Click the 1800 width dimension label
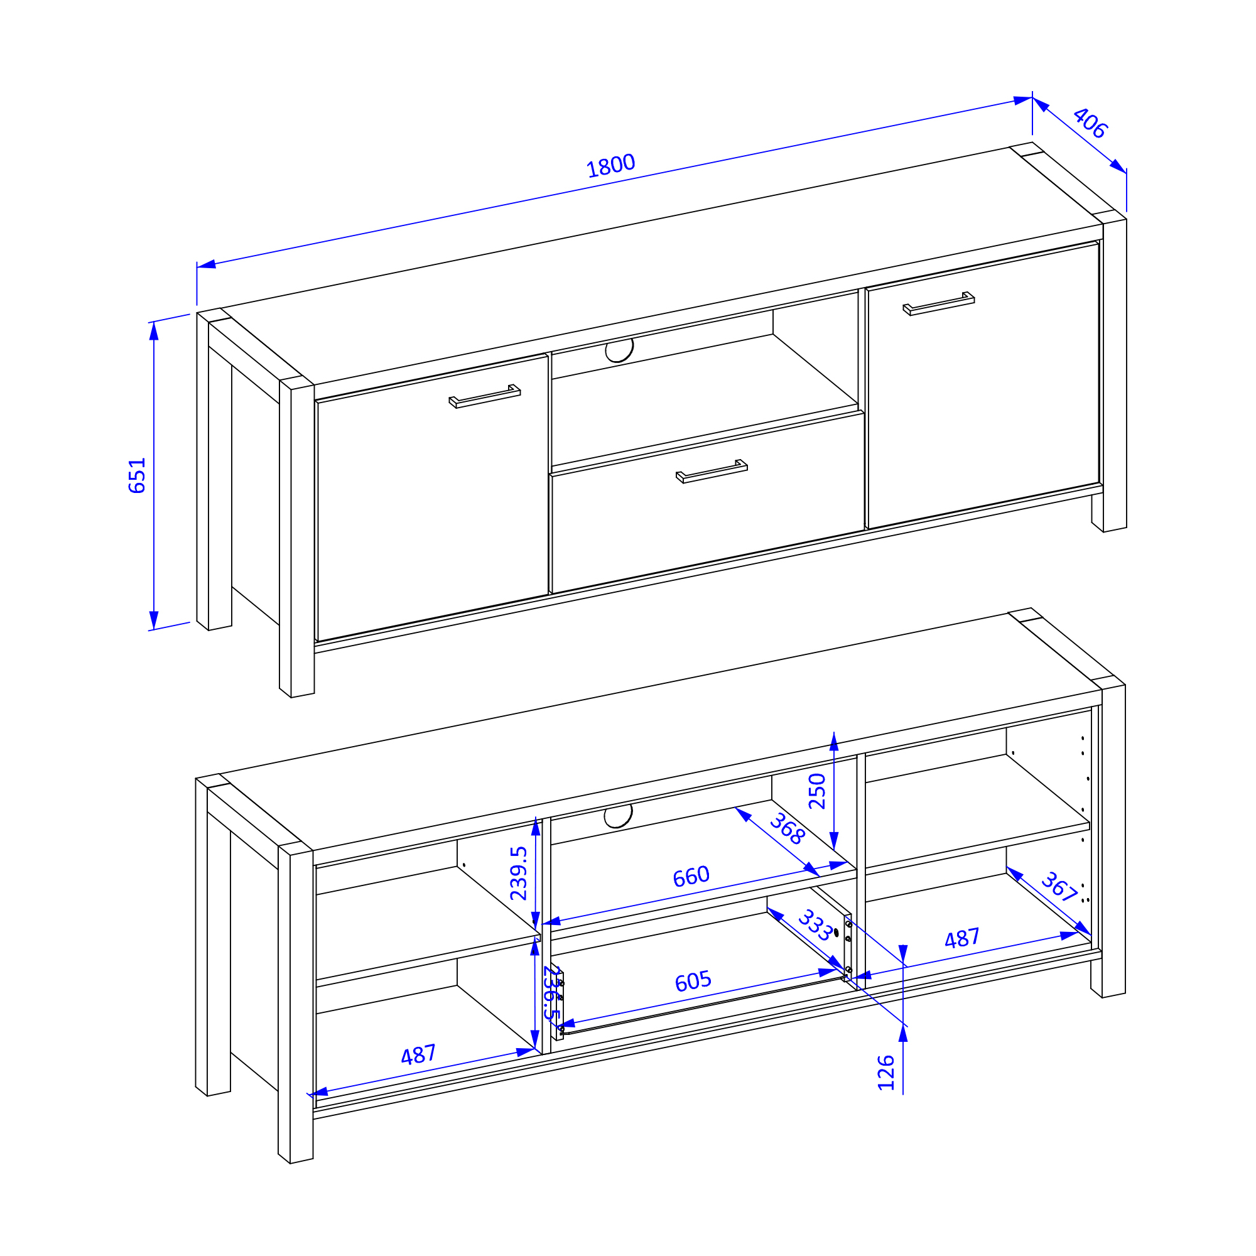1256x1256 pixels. [x=610, y=166]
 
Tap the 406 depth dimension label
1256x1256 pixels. [x=1090, y=123]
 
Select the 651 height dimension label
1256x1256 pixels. [x=137, y=476]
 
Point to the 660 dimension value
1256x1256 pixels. [x=691, y=876]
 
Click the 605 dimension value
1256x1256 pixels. [x=693, y=981]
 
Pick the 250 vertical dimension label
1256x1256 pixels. [x=817, y=791]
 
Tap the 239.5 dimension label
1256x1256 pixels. [x=519, y=873]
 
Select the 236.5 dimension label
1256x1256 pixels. [x=552, y=992]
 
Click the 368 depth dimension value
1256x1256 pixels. [x=788, y=829]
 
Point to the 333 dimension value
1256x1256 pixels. [x=815, y=925]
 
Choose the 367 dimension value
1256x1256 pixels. [x=1059, y=887]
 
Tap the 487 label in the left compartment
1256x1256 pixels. [x=418, y=1054]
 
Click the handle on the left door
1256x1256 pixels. [x=484, y=396]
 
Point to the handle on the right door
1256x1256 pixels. [x=938, y=303]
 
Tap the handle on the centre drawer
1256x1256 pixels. [x=712, y=472]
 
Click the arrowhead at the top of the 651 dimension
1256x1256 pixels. [x=154, y=330]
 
